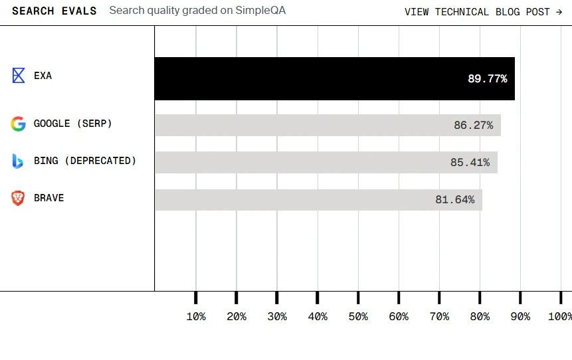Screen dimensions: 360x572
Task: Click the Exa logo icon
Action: [19, 75]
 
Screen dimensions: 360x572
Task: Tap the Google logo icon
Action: [18, 124]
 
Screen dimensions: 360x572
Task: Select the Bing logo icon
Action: [18, 161]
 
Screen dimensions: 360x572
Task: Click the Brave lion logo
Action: [18, 198]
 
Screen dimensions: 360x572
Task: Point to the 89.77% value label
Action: [487, 79]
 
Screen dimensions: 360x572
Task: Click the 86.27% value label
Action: [473, 125]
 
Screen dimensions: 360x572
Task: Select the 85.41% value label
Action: [470, 162]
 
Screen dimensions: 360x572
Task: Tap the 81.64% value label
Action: [455, 199]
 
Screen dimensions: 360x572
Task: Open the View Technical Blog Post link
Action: [484, 12]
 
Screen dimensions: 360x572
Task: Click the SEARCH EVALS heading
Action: [54, 11]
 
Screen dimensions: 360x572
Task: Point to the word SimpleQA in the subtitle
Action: [260, 11]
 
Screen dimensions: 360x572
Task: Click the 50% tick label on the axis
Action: [358, 317]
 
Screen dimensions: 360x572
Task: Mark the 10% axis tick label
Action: [196, 317]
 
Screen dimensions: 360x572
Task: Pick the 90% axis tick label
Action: [520, 317]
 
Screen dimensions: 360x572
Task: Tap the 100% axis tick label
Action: [559, 317]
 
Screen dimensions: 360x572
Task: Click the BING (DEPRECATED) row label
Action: [85, 161]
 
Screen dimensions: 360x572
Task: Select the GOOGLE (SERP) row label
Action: [73, 124]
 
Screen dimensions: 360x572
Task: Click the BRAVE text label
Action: [49, 198]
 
